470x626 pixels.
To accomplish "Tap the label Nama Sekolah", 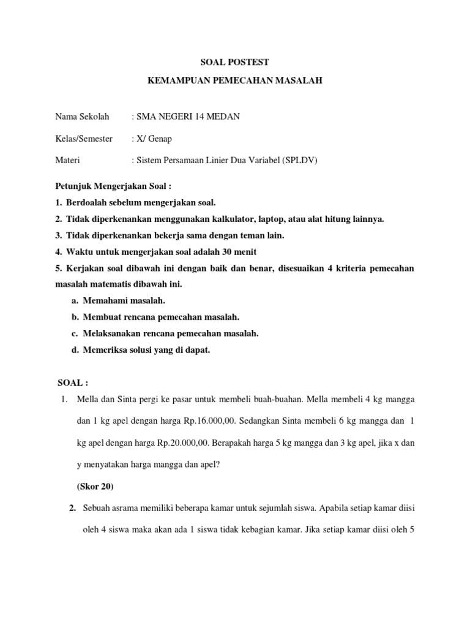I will click(82, 117).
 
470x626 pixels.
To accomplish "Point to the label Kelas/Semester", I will click(84, 139).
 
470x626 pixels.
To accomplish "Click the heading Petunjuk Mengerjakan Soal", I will click(106, 186).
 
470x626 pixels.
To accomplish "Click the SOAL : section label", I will click(73, 383).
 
